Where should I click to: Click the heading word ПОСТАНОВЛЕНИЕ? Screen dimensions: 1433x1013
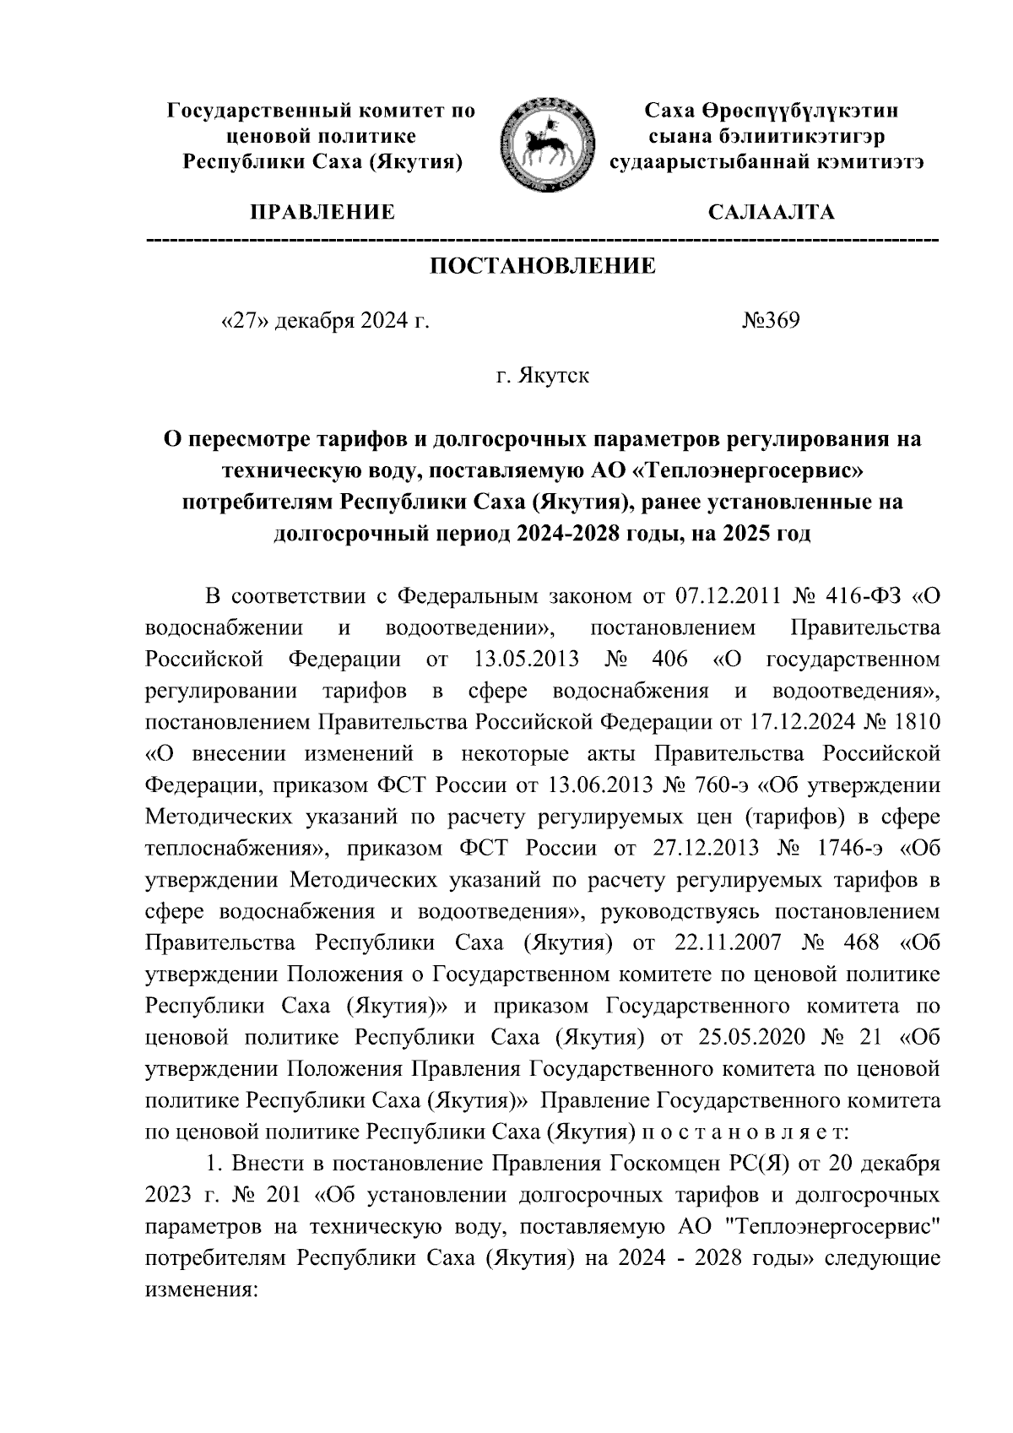pyautogui.click(x=544, y=267)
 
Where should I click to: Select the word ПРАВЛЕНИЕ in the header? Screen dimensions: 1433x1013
pyautogui.click(x=321, y=212)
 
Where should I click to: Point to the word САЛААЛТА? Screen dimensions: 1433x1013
pyautogui.click(x=771, y=212)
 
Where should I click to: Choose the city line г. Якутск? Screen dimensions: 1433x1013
pyautogui.click(x=543, y=376)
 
